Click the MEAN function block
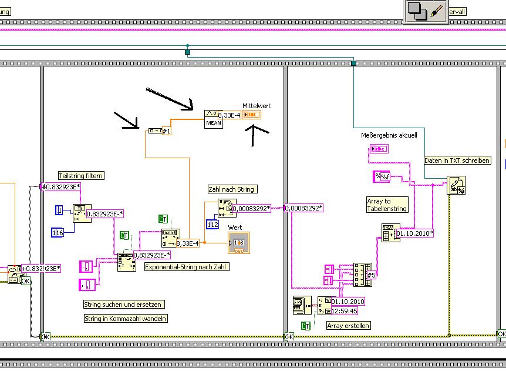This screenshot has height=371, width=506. pyautogui.click(x=213, y=119)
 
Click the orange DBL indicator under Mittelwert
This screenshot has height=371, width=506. pyautogui.click(x=252, y=115)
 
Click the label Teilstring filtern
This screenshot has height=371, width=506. pyautogui.click(x=81, y=176)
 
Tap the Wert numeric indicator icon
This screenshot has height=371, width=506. pyautogui.click(x=238, y=243)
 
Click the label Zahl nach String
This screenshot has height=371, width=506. pyautogui.click(x=232, y=189)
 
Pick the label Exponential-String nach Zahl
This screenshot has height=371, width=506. pyautogui.click(x=186, y=266)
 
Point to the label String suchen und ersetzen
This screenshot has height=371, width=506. pyautogui.click(x=123, y=305)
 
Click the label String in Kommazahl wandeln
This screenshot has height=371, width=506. pyautogui.click(x=126, y=319)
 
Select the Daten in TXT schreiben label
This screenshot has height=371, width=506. pyautogui.click(x=457, y=161)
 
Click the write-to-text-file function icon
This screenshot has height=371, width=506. pyautogui.click(x=456, y=185)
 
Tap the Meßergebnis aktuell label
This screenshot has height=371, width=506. pyautogui.click(x=389, y=135)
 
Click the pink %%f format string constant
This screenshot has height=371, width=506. pyautogui.click(x=382, y=176)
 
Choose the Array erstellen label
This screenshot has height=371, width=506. pyautogui.click(x=349, y=325)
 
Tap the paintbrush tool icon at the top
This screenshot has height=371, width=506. pyautogui.click(x=437, y=11)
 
